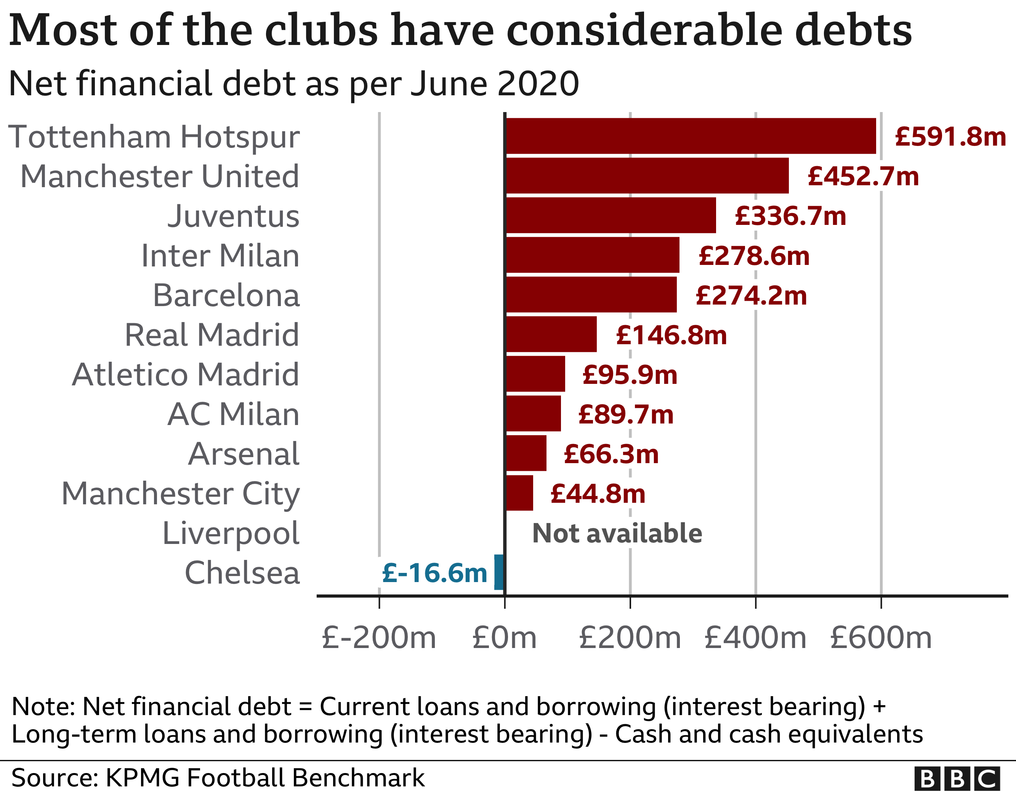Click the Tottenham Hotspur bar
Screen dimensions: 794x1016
coord(691,136)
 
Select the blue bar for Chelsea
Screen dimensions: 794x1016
coord(499,572)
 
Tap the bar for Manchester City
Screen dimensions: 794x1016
coord(519,493)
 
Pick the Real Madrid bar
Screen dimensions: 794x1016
coord(551,334)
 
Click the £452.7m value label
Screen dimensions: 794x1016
coord(863,176)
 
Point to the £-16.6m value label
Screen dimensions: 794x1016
coord(434,573)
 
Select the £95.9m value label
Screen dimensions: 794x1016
coord(630,375)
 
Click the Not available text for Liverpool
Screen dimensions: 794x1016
coord(617,533)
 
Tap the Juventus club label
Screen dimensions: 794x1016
coord(234,217)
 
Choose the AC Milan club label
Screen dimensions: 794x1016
coord(234,414)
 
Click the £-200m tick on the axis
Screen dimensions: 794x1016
coord(379,638)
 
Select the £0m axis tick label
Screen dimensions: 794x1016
coord(504,638)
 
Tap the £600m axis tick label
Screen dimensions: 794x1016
coord(881,638)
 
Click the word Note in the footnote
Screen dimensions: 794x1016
coord(42,706)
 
